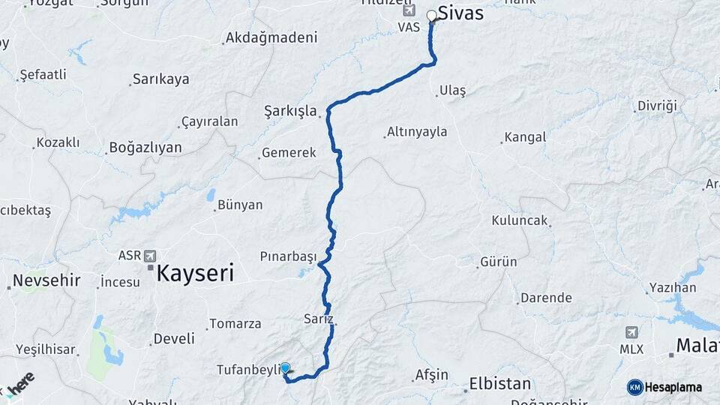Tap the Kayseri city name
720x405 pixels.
point(195,272)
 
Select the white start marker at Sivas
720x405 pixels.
point(432,15)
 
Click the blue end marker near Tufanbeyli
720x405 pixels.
point(285,368)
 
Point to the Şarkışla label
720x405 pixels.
point(291,110)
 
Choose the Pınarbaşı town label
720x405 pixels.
point(289,256)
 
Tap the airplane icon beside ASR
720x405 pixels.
point(150,255)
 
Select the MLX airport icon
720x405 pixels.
point(631,332)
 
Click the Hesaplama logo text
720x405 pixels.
point(673,387)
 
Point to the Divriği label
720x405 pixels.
point(656,106)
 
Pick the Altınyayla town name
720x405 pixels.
point(417,132)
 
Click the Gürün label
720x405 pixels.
point(499,262)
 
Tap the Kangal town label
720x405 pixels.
point(525,137)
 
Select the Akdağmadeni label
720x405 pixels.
point(271,37)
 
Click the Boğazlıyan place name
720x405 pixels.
point(145,147)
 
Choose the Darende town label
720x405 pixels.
point(546,298)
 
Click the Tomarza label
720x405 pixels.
point(235,324)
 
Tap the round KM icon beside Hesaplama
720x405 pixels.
point(635,387)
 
